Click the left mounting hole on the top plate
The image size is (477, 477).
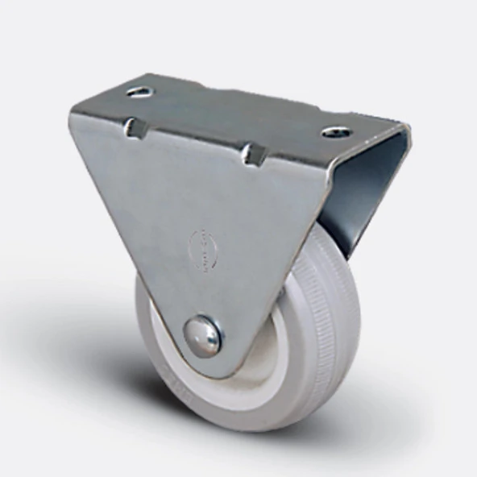140,91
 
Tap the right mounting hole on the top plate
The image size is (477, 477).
336,131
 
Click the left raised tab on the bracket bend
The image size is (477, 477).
133,127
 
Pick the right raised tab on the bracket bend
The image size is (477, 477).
254,153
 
